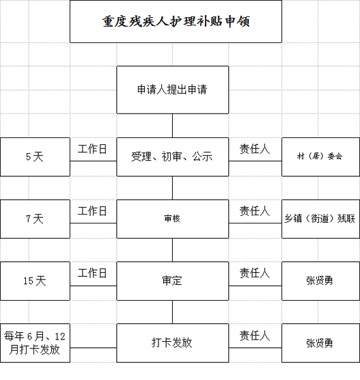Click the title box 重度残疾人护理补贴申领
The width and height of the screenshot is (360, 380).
click(x=176, y=21)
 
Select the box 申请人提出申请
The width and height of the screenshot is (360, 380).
click(x=173, y=90)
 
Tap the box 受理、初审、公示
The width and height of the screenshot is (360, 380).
click(x=173, y=157)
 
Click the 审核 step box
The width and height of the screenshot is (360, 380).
click(x=173, y=219)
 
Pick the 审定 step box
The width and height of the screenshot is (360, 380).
click(x=173, y=281)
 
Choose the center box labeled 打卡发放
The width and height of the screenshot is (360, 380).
click(x=173, y=343)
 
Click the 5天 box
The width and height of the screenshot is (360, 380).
click(x=35, y=157)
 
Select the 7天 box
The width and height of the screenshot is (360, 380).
click(x=35, y=219)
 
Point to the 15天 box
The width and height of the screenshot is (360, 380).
click(x=35, y=281)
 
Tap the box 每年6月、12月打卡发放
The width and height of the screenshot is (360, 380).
click(x=35, y=343)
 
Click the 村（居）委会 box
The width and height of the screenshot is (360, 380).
click(x=321, y=157)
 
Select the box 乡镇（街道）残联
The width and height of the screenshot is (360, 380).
click(x=321, y=219)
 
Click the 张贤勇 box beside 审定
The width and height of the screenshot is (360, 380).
click(x=321, y=281)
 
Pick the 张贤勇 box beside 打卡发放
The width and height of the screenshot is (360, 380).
click(x=321, y=343)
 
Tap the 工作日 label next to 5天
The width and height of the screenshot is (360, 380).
click(x=92, y=149)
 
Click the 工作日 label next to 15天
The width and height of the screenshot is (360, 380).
click(x=92, y=273)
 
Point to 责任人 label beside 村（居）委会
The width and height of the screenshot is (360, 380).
click(x=255, y=149)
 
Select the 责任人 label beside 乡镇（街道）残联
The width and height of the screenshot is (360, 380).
click(x=255, y=211)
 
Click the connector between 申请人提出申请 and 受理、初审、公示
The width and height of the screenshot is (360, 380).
click(x=173, y=126)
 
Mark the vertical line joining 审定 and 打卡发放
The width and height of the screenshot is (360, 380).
click(x=173, y=312)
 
